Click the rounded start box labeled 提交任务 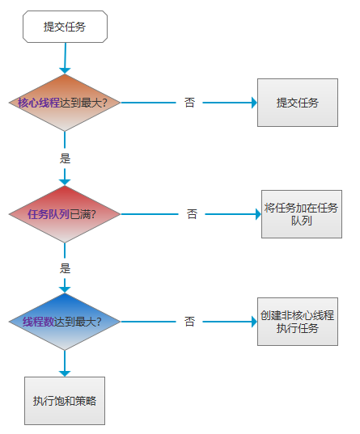coord(65,27)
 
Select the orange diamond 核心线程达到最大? coord(65,103)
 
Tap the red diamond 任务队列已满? coord(65,214)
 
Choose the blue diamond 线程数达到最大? coord(65,322)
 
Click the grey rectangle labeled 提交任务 coord(298,103)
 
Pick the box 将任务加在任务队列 coord(302,214)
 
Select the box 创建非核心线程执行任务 coord(298,322)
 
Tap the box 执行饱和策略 coord(65,401)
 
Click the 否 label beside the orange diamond coord(189,103)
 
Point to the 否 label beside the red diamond coord(192,214)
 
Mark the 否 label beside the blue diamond coord(189,322)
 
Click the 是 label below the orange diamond coord(65,158)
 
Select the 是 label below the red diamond coord(65,268)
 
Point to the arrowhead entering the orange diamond coord(65,71)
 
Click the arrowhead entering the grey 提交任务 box coord(254,103)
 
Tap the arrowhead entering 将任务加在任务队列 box coord(258,214)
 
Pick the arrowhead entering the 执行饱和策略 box coord(65,373)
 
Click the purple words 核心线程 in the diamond coord(39,103)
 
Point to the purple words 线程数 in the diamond coord(39,322)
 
